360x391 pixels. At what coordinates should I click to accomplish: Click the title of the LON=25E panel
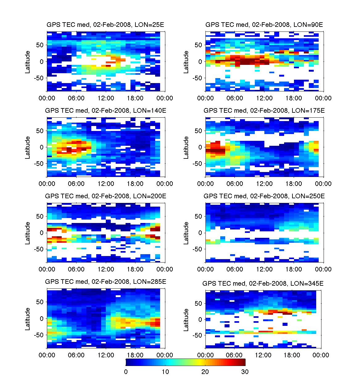(105, 25)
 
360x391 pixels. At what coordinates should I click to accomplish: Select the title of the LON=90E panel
(264, 25)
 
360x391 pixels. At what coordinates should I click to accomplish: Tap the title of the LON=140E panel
(106, 111)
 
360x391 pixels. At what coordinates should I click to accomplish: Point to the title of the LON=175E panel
(264, 111)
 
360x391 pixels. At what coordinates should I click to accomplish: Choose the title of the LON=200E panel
(106, 196)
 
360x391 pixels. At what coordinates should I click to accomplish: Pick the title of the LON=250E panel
(264, 196)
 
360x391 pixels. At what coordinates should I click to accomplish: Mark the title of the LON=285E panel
(106, 282)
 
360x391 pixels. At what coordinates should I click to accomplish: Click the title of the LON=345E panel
(263, 284)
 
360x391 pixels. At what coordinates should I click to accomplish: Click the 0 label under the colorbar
(126, 372)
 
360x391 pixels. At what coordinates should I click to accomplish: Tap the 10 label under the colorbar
(165, 372)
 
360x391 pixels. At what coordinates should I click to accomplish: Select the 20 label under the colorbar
(205, 372)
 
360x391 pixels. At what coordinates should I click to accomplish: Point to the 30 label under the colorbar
(245, 372)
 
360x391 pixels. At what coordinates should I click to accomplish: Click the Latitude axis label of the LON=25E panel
(28, 62)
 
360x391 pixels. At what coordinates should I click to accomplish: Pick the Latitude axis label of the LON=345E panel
(186, 320)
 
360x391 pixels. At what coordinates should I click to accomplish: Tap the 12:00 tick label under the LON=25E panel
(106, 98)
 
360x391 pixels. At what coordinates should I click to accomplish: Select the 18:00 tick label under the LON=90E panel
(294, 98)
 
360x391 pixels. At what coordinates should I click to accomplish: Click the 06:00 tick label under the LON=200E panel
(76, 269)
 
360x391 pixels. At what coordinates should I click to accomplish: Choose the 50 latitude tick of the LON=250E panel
(198, 217)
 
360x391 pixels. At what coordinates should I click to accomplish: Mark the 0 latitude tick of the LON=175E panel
(200, 147)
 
